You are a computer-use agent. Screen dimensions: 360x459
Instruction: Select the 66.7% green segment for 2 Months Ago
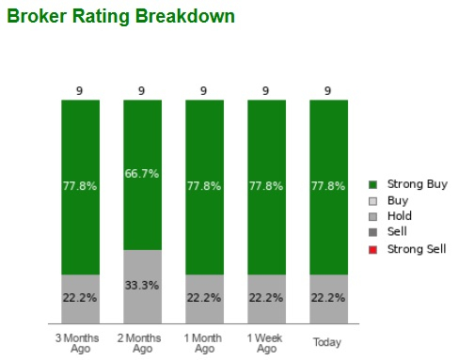tap(141, 174)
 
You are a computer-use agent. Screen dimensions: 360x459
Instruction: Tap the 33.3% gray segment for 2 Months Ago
tap(141, 286)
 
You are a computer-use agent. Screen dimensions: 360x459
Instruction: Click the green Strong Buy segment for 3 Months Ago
tap(79, 186)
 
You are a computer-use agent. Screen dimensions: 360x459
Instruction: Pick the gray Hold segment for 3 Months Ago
tap(79, 298)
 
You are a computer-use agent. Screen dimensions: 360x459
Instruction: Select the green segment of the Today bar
tap(327, 186)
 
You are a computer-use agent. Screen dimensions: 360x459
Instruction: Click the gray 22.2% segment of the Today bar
tap(327, 298)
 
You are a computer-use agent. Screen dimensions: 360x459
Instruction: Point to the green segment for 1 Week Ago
tap(265, 186)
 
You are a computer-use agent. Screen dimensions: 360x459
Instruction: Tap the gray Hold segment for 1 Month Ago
tap(203, 298)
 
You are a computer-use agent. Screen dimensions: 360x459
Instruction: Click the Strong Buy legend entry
tap(410, 185)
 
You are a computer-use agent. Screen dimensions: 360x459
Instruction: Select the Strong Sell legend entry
tap(411, 249)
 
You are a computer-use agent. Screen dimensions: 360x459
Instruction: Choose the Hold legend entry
tap(399, 217)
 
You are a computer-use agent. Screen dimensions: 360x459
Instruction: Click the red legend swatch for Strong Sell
tap(373, 249)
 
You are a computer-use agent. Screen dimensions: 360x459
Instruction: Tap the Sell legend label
tap(397, 233)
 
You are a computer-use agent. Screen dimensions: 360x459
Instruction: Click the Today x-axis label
tap(327, 342)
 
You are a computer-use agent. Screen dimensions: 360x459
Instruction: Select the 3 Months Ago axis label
tap(79, 342)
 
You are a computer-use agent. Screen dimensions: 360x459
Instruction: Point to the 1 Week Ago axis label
tap(265, 342)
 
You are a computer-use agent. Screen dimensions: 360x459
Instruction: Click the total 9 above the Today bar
tap(327, 91)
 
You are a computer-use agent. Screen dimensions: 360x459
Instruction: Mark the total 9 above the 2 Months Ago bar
tap(141, 91)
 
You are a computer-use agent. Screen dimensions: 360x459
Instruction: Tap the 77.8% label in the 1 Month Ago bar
tap(203, 186)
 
